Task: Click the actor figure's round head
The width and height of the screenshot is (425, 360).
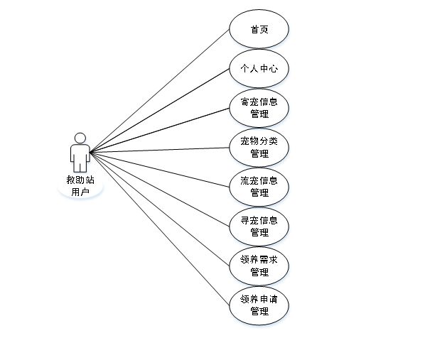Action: pos(80,138)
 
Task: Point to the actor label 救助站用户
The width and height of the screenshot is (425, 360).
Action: pos(80,186)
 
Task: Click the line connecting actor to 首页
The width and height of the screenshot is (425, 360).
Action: pos(160,91)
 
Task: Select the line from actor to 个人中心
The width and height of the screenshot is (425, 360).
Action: pos(160,111)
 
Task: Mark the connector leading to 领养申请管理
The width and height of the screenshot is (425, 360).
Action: pos(160,229)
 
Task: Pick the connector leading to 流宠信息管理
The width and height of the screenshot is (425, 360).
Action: pos(160,170)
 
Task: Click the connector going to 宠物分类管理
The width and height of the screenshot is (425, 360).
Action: pos(160,150)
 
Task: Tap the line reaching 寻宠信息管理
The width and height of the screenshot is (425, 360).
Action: pos(160,190)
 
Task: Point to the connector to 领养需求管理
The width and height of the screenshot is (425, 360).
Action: pos(160,209)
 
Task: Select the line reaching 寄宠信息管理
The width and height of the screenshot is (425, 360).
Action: pos(160,130)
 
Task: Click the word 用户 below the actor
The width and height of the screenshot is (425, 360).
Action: pos(80,192)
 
